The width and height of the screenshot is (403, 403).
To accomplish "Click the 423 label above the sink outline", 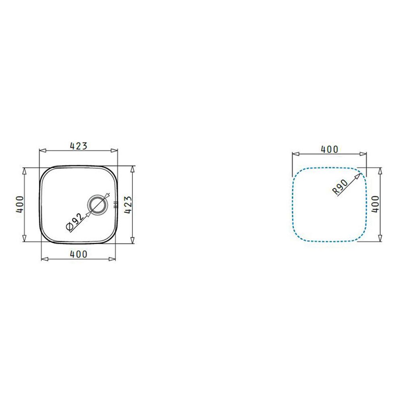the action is point(79,146).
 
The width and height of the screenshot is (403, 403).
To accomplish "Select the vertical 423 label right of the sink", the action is point(128,205).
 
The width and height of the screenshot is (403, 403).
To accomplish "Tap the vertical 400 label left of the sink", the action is point(20,205).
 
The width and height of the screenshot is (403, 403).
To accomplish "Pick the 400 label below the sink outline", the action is point(79,254).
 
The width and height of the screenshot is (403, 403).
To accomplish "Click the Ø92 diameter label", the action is point(75,222).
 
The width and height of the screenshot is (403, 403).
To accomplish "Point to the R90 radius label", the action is point(340,187).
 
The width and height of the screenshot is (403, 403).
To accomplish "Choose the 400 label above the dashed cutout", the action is point(330,150).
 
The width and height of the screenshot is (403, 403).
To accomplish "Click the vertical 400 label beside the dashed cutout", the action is point(375,204).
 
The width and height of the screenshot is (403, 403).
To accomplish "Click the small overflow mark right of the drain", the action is point(115,205).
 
